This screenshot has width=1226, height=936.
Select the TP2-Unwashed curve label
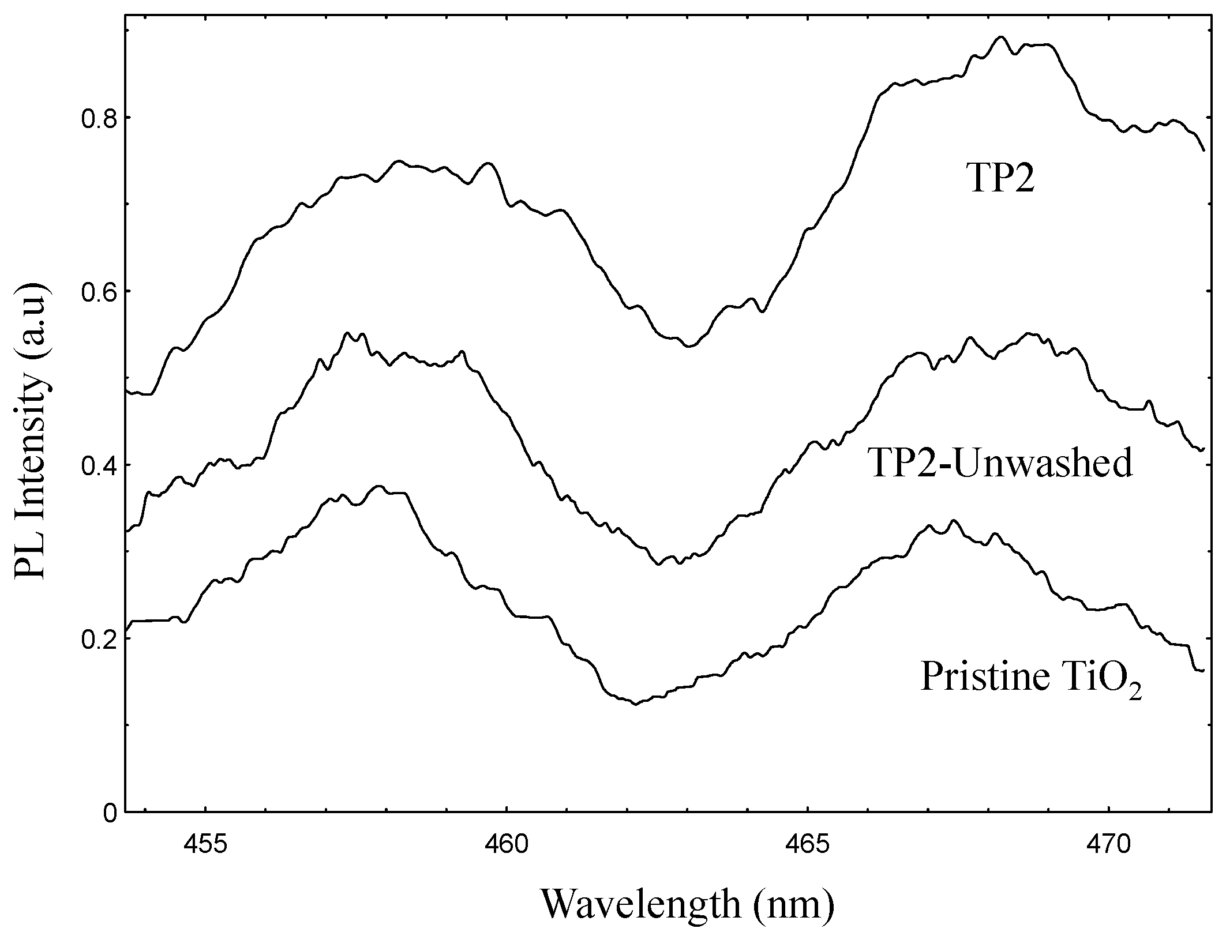[x=1001, y=463]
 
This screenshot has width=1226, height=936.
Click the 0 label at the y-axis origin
[x=110, y=813]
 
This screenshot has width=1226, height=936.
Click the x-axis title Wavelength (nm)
[x=687, y=904]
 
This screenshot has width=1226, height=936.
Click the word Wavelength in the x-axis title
[x=640, y=904]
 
